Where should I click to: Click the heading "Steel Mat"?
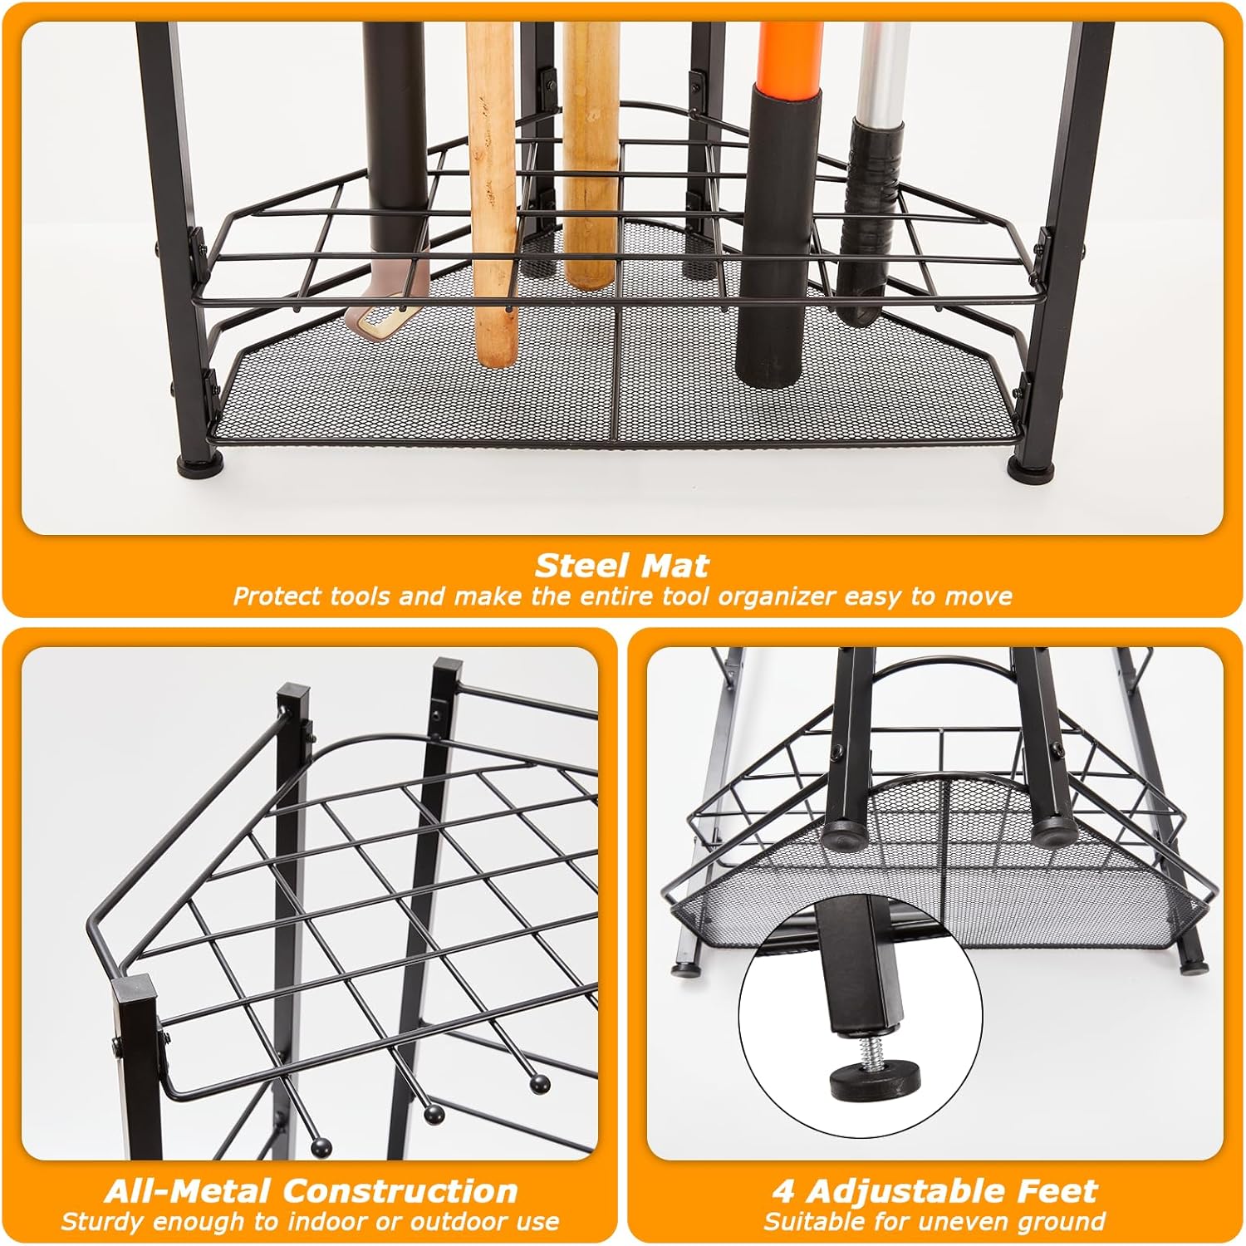[x=622, y=566]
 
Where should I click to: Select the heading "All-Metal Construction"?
[x=311, y=1191]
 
